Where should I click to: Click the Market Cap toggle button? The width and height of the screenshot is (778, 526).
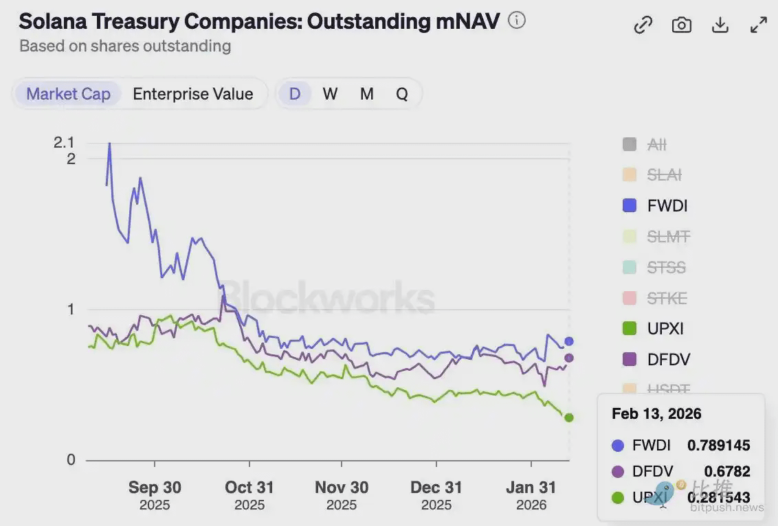68,94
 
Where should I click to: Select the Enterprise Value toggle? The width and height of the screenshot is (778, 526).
192,94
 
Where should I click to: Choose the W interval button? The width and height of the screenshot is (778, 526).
330,94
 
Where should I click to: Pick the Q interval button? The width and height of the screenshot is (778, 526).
402,94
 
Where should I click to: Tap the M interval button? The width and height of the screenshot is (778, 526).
366,94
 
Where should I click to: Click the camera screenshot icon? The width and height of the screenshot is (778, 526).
681,25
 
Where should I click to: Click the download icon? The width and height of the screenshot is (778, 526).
720,25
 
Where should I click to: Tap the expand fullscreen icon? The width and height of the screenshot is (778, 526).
758,25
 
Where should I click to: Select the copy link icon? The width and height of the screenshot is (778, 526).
643,25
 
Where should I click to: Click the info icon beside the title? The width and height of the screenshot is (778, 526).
516,21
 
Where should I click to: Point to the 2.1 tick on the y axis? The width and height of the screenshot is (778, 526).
64,143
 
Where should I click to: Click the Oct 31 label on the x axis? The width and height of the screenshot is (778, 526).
249,488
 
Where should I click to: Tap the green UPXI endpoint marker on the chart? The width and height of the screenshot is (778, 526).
568,418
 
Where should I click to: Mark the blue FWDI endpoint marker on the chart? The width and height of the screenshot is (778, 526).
568,341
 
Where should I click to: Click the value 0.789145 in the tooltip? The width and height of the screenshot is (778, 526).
718,446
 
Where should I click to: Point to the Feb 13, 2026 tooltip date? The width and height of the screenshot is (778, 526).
656,413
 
